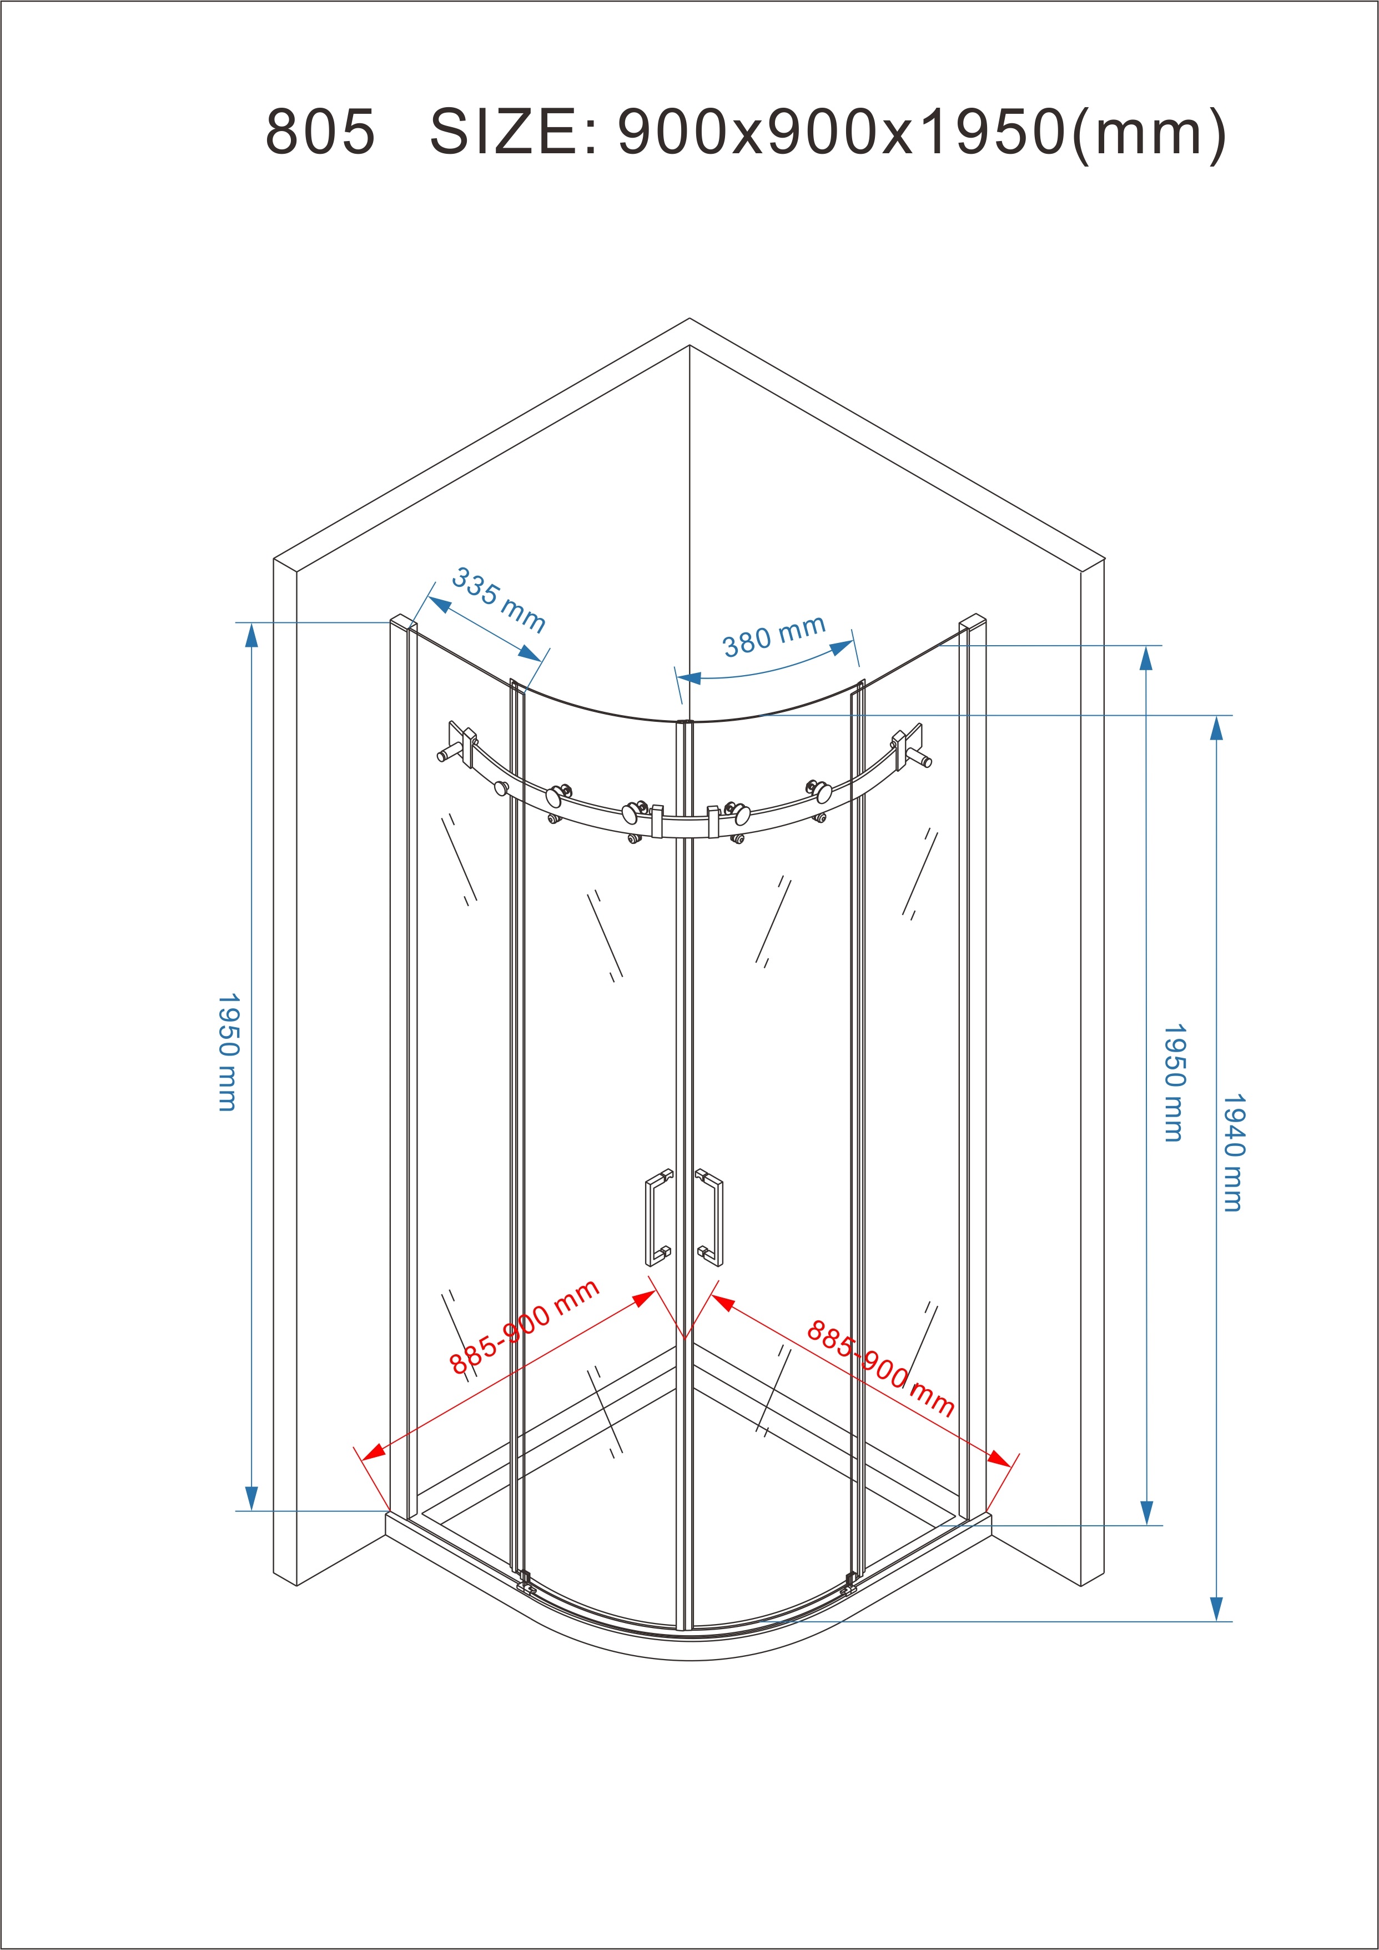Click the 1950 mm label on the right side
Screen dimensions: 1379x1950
click(x=1174, y=1083)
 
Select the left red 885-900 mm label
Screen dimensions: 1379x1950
click(x=524, y=1328)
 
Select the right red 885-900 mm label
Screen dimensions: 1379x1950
click(x=880, y=1368)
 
